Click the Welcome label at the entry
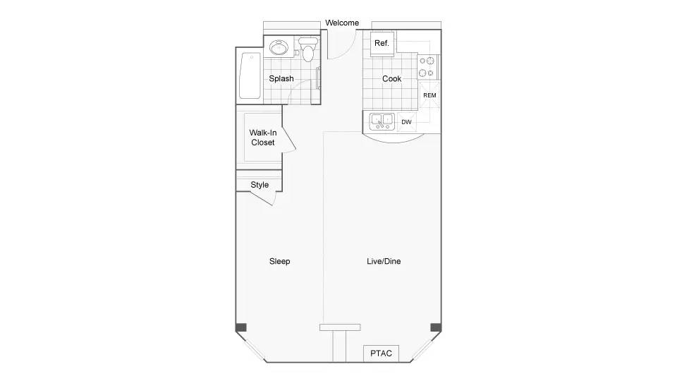[x=342, y=23]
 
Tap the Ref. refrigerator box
[x=382, y=44]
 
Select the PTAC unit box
[x=381, y=353]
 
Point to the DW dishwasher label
[x=406, y=122]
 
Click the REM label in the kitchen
[x=429, y=95]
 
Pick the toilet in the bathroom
[x=308, y=49]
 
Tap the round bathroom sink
[x=279, y=47]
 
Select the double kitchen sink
[x=382, y=121]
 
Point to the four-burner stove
[x=427, y=67]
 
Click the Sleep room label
[x=279, y=261]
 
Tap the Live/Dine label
[x=384, y=261]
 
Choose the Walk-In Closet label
[x=262, y=138]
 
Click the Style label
[x=260, y=185]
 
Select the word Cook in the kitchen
[x=391, y=78]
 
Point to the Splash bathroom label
[x=281, y=78]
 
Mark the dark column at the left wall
[x=241, y=327]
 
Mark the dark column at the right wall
[x=436, y=327]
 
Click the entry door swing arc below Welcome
[x=348, y=52]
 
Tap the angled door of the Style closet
[x=263, y=198]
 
